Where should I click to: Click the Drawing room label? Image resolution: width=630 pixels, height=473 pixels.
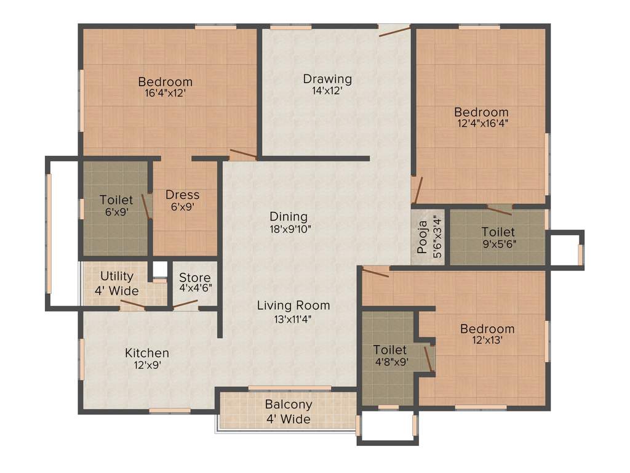[327, 79]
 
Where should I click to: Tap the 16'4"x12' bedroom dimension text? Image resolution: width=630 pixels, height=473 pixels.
[165, 93]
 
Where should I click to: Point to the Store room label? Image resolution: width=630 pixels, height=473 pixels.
[194, 278]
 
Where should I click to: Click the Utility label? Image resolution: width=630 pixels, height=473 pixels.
[116, 276]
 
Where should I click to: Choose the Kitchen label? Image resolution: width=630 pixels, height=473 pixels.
[147, 353]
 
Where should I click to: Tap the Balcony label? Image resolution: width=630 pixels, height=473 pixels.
[289, 405]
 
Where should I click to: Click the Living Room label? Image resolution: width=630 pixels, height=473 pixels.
[293, 305]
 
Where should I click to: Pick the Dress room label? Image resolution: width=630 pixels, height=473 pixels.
[183, 195]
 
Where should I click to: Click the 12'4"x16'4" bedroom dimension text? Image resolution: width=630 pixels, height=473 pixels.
[481, 123]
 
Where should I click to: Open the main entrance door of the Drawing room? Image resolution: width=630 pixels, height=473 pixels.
[394, 30]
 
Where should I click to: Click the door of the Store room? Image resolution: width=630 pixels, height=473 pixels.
[186, 304]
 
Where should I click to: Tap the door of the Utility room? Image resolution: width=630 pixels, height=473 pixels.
[132, 304]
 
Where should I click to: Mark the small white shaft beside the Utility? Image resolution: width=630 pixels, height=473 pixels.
[160, 269]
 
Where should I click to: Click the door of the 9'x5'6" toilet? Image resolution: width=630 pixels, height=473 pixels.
[499, 210]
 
